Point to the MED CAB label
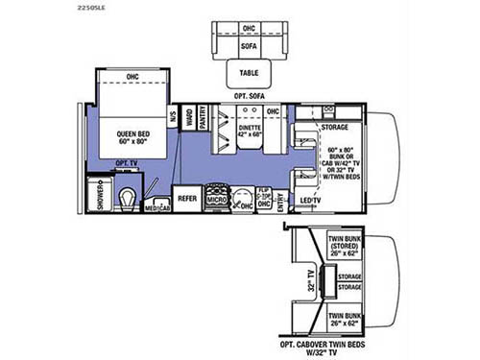pos(156,207)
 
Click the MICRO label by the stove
pos(218,204)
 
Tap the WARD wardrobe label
pos(188,118)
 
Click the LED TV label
pos(311,200)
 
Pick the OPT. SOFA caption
pos(248,98)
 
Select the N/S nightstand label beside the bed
pos(173,118)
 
